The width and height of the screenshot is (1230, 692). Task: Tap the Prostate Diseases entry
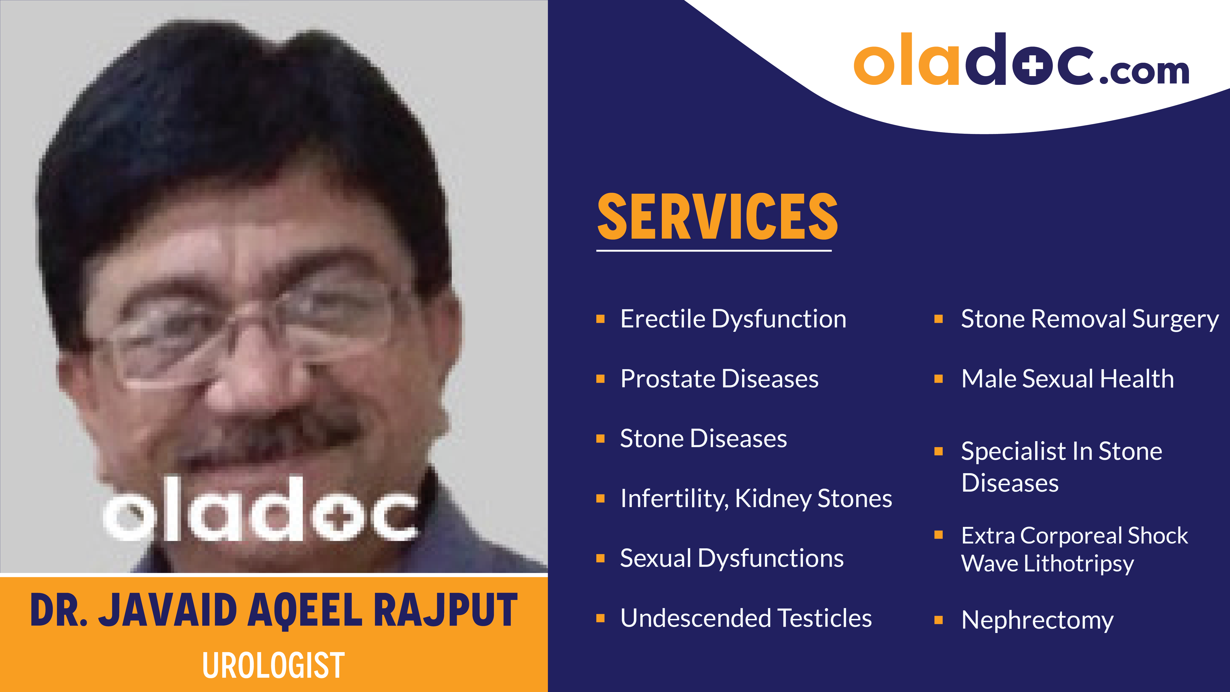pyautogui.click(x=719, y=379)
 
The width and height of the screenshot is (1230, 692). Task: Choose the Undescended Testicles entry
pyautogui.click(x=746, y=618)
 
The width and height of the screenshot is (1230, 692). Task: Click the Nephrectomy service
pyautogui.click(x=1037, y=620)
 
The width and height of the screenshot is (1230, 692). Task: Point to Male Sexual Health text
pyautogui.click(x=1067, y=379)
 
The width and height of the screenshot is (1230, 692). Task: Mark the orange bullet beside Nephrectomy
pyautogui.click(x=938, y=620)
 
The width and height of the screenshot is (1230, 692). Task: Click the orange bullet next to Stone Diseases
pyautogui.click(x=601, y=438)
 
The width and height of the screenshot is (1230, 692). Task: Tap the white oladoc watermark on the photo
pyautogui.click(x=260, y=511)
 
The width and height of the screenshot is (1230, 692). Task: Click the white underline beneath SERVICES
pyautogui.click(x=714, y=250)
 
